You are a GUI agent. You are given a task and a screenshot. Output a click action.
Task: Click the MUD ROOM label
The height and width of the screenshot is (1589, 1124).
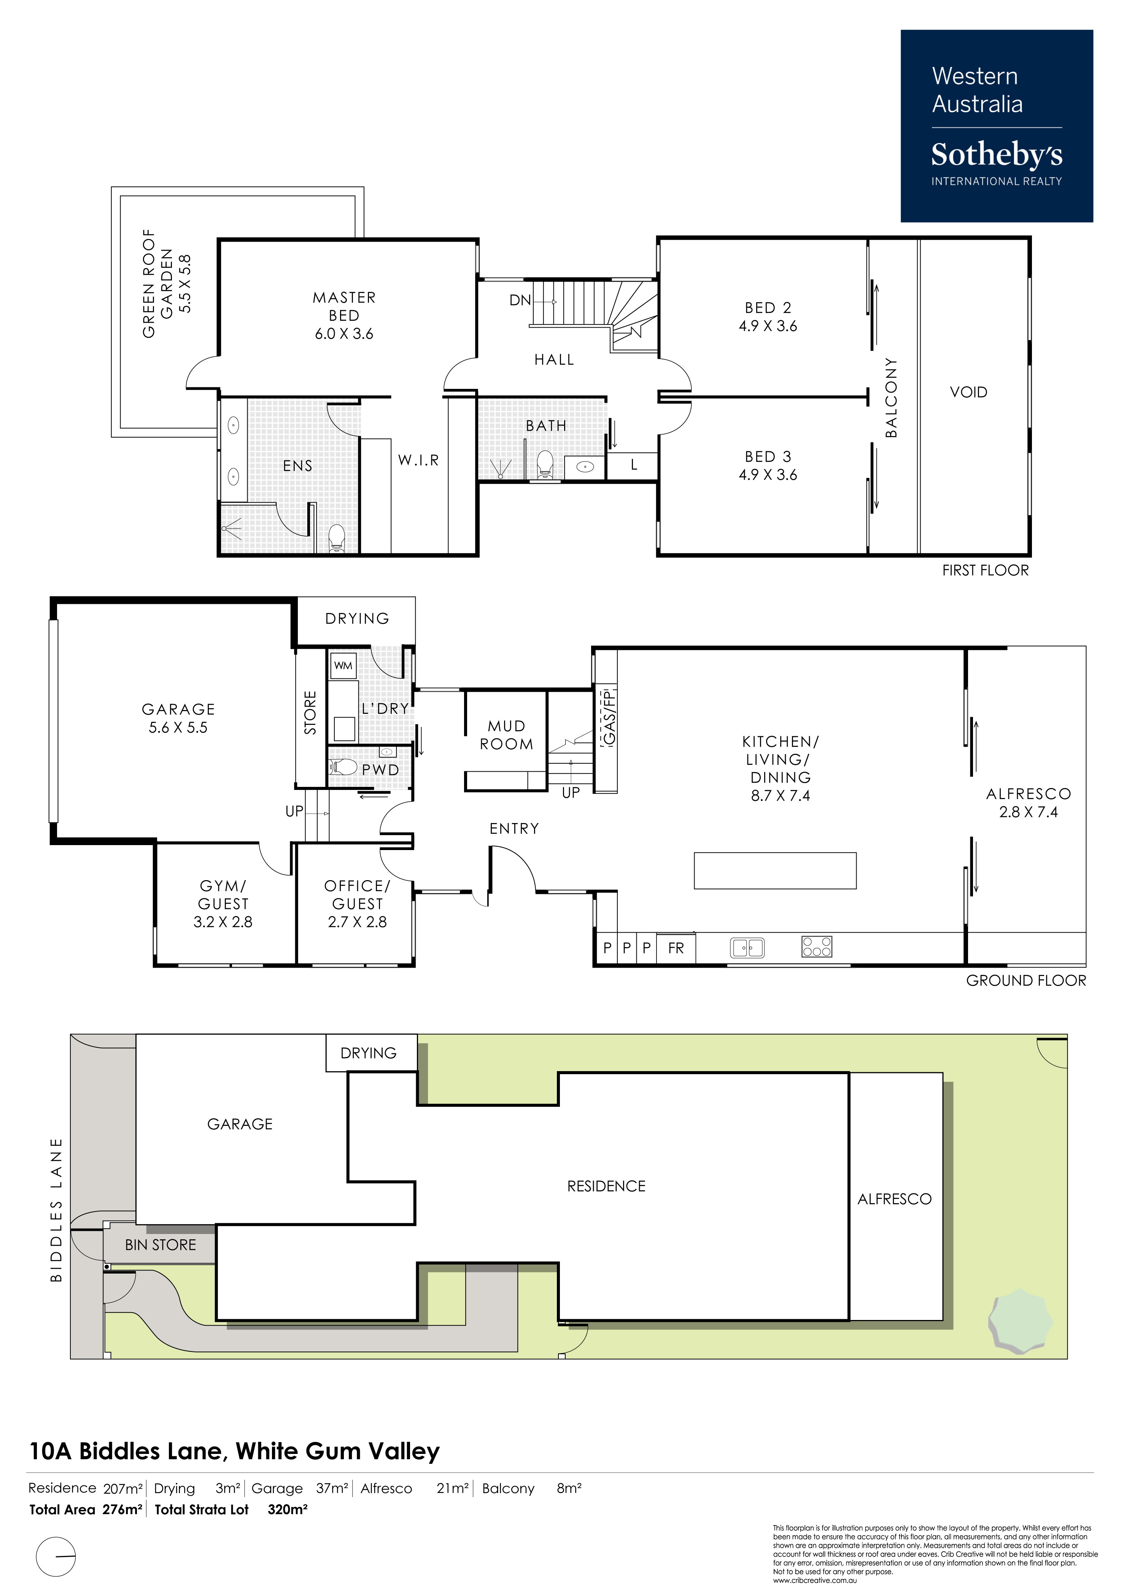[x=507, y=735]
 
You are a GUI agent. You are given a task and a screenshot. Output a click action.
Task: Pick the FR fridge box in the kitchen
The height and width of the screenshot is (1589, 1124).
[x=676, y=948]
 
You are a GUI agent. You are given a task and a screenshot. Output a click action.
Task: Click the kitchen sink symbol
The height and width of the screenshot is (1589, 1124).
[x=747, y=947]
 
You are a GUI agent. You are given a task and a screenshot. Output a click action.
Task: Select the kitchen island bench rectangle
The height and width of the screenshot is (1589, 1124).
[x=775, y=870]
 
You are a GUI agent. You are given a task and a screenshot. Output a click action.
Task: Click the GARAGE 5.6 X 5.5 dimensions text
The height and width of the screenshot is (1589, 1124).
[x=178, y=728]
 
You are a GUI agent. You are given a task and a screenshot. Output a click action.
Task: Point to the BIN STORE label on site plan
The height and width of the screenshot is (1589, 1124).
[x=161, y=1245]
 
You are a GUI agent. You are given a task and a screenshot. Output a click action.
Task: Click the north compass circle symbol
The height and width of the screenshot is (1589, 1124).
[x=56, y=1556]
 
